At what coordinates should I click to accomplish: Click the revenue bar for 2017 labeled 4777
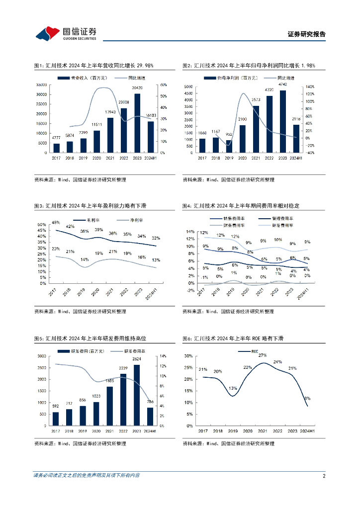(x=56, y=148)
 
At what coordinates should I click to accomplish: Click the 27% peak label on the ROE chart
(x=263, y=355)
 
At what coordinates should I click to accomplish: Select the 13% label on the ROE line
(x=232, y=388)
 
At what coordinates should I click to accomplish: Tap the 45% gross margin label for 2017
(x=56, y=222)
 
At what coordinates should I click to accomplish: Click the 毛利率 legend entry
(x=86, y=219)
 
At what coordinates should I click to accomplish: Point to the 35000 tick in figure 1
(x=41, y=85)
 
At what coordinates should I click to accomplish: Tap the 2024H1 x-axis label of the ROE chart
(x=307, y=431)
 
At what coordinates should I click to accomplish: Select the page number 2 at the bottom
(x=324, y=476)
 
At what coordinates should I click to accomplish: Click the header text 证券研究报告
(x=306, y=34)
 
